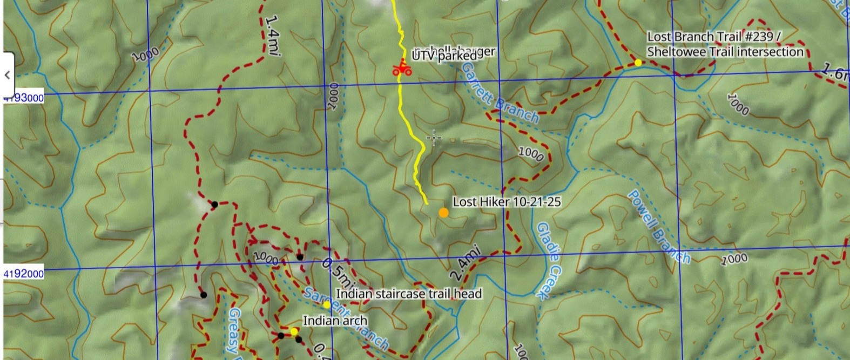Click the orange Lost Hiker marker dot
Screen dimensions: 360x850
443,213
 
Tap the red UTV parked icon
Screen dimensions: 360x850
401,68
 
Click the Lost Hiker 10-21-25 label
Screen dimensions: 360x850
507,202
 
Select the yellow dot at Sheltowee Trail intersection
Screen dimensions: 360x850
638,63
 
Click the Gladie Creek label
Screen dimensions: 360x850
549,260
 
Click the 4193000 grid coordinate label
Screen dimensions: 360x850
24,98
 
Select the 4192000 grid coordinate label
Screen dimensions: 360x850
24,274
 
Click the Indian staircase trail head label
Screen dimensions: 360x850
409,294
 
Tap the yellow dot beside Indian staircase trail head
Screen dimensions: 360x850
327,305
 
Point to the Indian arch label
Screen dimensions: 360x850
335,321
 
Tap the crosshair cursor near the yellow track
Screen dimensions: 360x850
434,138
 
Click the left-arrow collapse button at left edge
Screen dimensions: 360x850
7,75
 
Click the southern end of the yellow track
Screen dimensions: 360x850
427,203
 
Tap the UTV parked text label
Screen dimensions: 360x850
444,55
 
